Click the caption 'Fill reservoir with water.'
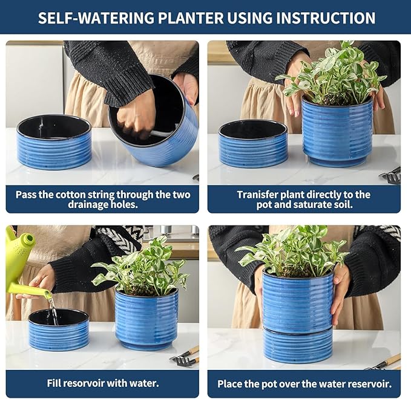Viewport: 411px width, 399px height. click(x=102, y=383)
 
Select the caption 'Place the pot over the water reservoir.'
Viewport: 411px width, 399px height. click(x=304, y=383)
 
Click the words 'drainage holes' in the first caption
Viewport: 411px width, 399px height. click(x=102, y=205)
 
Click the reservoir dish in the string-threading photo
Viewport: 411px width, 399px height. click(x=54, y=141)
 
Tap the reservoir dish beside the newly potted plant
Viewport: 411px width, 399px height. click(x=253, y=144)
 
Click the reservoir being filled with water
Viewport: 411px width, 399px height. click(x=59, y=329)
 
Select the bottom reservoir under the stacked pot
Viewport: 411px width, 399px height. click(x=297, y=345)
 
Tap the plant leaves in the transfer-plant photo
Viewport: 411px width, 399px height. click(x=333, y=76)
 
